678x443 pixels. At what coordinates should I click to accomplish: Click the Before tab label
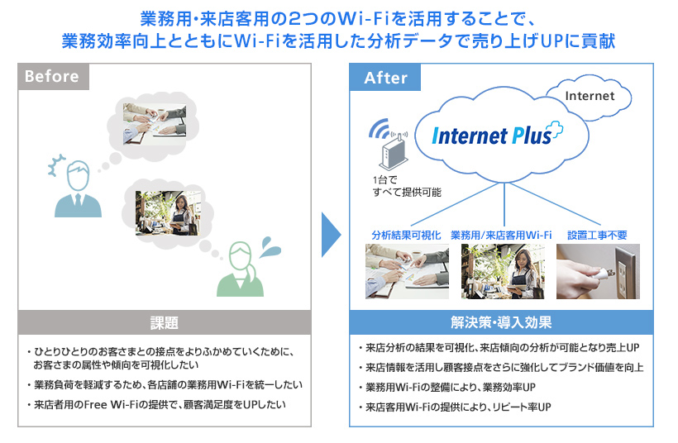click(52, 77)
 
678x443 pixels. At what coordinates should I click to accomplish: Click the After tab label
click(386, 78)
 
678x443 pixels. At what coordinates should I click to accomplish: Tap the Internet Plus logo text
click(494, 135)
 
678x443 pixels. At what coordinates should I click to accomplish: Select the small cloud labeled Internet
click(590, 96)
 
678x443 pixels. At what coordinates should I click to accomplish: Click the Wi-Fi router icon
click(394, 152)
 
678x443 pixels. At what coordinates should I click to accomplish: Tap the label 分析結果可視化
click(404, 236)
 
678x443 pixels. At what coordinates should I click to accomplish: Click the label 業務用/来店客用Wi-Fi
click(501, 236)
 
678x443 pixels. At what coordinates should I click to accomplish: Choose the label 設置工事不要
click(597, 236)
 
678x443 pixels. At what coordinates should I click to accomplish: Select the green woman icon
click(240, 269)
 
